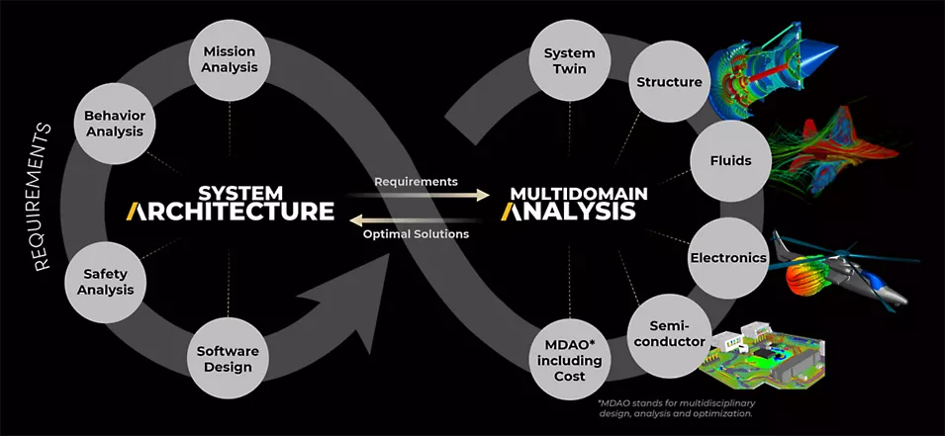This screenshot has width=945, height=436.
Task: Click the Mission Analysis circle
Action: click(229, 59)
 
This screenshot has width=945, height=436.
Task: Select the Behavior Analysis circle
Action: click(115, 123)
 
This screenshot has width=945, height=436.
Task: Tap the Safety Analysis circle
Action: click(106, 282)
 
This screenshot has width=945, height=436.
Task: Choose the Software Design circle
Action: click(228, 358)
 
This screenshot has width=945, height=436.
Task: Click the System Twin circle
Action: click(570, 60)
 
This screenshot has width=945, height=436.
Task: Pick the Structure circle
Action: click(670, 81)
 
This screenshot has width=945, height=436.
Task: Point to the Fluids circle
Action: click(730, 161)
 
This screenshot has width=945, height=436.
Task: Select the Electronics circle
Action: click(728, 258)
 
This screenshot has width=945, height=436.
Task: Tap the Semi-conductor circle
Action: click(669, 333)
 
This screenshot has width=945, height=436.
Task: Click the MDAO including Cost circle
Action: click(570, 360)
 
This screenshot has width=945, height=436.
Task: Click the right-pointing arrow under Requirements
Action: click(419, 195)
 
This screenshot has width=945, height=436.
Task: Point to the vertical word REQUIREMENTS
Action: click(43, 197)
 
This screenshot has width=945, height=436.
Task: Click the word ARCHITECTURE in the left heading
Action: click(231, 212)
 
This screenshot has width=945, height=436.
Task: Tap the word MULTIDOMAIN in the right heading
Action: click(579, 194)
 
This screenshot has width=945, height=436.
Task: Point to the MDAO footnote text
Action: click(677, 408)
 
